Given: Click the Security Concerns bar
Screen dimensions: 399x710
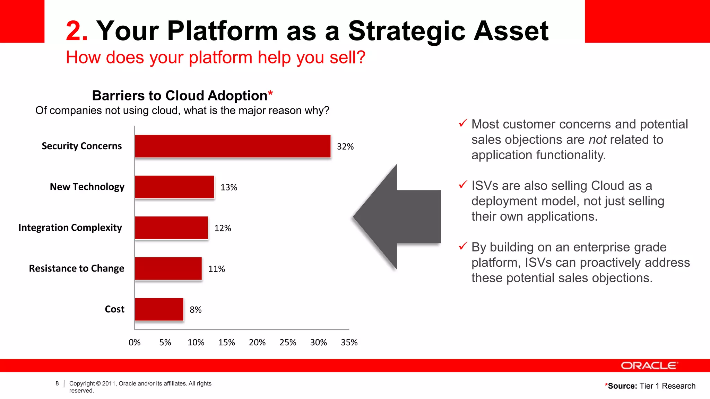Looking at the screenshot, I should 233,146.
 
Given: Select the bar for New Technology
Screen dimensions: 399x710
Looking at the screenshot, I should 174,187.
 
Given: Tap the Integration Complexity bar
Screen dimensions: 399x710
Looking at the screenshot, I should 171,228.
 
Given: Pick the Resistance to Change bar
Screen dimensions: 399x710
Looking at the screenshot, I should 168,268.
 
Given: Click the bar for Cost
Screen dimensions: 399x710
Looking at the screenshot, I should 159,309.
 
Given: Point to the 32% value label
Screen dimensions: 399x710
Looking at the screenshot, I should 345,147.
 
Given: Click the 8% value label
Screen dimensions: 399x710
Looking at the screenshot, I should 196,310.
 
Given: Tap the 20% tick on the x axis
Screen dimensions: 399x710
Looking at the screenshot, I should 257,342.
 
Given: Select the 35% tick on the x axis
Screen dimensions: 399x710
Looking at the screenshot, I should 349,342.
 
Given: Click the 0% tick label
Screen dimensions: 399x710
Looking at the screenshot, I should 135,342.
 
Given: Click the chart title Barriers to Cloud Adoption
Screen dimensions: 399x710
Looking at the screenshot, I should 180,96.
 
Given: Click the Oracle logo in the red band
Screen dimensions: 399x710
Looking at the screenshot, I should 649,366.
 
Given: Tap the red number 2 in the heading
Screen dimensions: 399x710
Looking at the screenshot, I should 76,31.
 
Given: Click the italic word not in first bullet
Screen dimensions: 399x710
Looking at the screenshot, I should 597,140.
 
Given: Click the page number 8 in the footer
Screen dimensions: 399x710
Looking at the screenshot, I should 57,383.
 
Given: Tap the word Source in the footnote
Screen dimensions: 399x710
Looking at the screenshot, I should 622,386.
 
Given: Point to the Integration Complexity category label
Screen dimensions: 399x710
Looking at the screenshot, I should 70,228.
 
